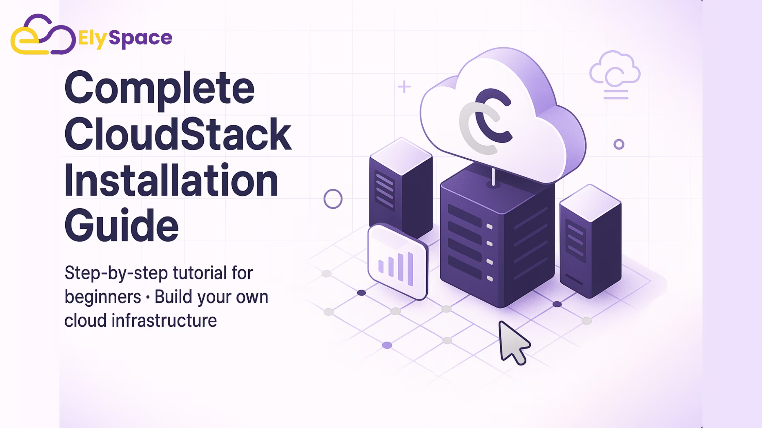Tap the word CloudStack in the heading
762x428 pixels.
point(178,134)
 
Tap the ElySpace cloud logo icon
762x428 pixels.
point(43,34)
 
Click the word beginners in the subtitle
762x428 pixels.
point(103,297)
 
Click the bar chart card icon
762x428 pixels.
point(397,262)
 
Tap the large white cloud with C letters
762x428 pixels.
point(503,115)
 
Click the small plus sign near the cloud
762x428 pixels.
point(404,87)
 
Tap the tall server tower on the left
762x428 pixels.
point(401,187)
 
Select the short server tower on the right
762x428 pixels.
point(591,241)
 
